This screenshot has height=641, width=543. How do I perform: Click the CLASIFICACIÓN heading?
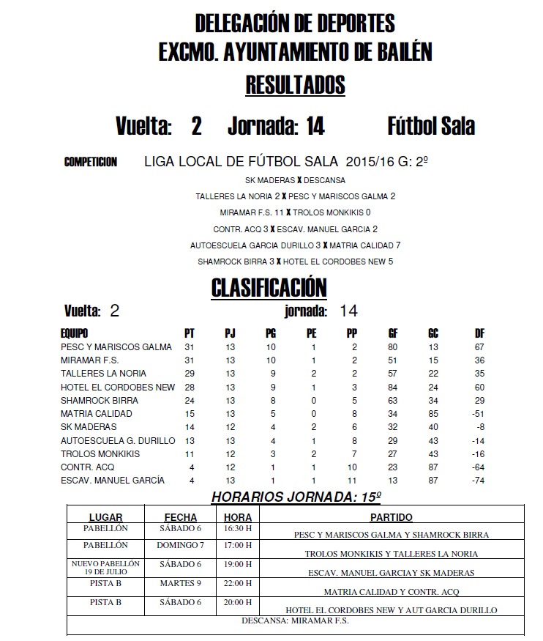[x=269, y=287]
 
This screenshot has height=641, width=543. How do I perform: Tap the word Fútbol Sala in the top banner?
[x=431, y=126]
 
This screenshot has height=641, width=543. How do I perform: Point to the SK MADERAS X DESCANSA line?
[x=296, y=179]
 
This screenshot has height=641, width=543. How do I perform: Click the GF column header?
[x=393, y=333]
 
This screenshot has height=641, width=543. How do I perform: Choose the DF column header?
[x=479, y=333]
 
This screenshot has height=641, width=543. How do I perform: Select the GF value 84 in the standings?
[x=393, y=387]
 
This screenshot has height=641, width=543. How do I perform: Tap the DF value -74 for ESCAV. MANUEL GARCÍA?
[x=479, y=481]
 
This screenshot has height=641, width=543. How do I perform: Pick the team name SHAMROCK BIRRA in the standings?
[x=100, y=401]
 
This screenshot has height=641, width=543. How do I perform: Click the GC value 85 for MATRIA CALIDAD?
[x=433, y=414]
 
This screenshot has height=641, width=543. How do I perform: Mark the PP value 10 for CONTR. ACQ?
[x=353, y=467]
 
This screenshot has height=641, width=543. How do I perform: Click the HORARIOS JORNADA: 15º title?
[x=296, y=497]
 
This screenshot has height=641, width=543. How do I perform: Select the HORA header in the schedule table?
[x=237, y=516]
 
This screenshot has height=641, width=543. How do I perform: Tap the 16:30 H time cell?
[x=237, y=528]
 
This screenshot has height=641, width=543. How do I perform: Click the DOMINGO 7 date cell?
[x=180, y=545]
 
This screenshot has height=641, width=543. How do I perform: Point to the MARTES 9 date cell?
[x=180, y=584]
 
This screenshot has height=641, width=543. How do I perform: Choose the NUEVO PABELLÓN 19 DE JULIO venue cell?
[x=105, y=568]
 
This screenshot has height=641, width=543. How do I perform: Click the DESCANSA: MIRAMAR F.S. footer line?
[x=296, y=620]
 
